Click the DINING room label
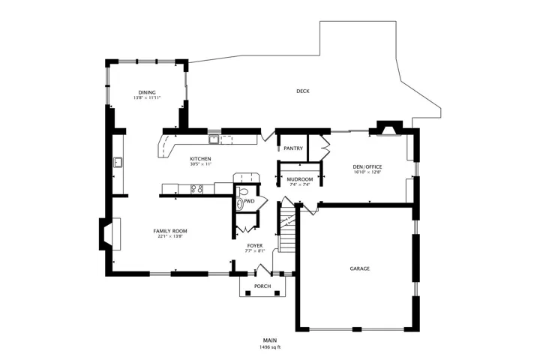pos(147,92)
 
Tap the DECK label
pos(303,91)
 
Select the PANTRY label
pos(293,148)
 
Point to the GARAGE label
pos(359,268)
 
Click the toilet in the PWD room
pos(242,191)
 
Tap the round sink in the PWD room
pos(240,204)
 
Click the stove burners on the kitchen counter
pos(196,189)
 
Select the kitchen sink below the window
pos(214,139)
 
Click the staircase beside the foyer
pos(286,227)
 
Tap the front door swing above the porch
pos(264,269)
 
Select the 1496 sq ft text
pos(270,347)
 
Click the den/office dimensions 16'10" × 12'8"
pos(367,172)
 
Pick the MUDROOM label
pos(300,179)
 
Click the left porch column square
pos(247,292)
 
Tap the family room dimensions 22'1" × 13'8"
pos(169,236)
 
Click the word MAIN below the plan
pos(270,340)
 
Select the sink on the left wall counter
pos(118,162)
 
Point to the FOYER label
pos(255,246)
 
